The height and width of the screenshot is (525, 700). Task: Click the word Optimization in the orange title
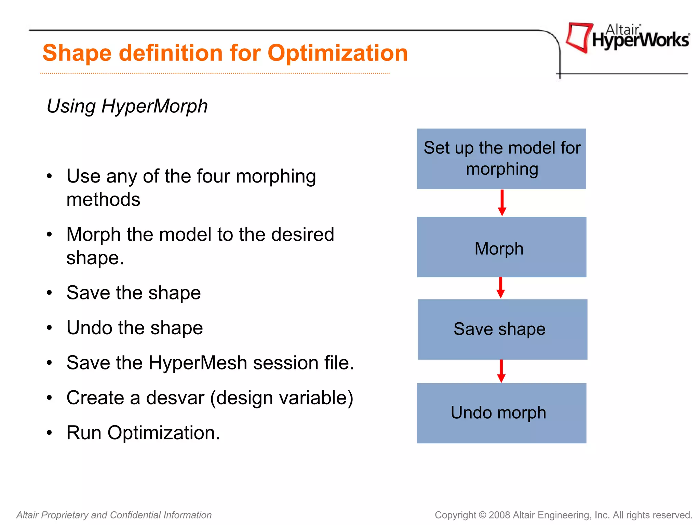[338, 53]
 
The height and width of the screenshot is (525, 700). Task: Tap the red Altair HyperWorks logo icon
[578, 37]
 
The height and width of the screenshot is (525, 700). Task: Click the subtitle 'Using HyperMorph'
[127, 106]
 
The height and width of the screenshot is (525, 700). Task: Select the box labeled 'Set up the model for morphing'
[501, 159]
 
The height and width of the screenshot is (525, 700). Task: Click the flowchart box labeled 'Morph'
[501, 247]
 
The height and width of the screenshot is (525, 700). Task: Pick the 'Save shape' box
[502, 329]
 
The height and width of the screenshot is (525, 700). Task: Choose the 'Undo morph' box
[501, 413]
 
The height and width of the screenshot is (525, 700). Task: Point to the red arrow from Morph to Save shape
[501, 287]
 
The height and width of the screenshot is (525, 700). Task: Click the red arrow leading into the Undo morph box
[501, 371]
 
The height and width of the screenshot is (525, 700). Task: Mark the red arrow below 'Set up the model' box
[502, 203]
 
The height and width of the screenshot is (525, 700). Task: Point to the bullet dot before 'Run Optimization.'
[50, 433]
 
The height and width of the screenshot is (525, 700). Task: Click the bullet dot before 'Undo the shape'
[50, 328]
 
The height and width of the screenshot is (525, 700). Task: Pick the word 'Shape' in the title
[77, 53]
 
